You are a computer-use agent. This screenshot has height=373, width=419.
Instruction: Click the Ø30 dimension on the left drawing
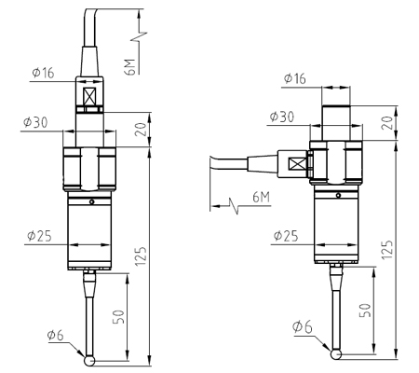pyautogui.click(x=38, y=123)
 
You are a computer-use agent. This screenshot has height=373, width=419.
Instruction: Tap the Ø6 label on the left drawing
pyautogui.click(x=59, y=336)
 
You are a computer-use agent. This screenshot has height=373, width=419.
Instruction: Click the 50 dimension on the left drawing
pyautogui.click(x=119, y=314)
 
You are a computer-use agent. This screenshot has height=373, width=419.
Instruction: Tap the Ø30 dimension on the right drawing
pyautogui.click(x=283, y=117)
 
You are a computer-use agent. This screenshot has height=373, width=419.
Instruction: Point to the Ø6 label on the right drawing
pyautogui.click(x=304, y=327)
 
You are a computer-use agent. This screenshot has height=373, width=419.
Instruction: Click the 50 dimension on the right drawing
pyautogui.click(x=366, y=310)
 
